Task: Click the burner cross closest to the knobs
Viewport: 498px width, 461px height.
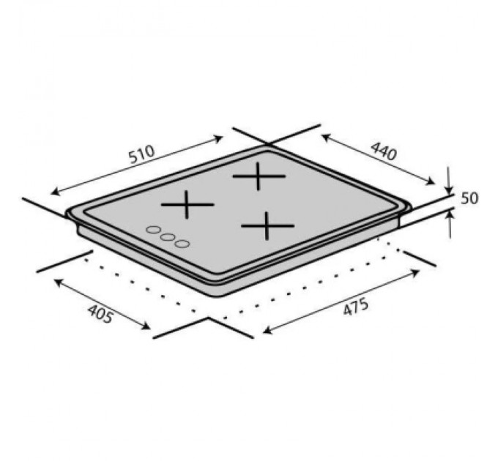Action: coord(187,204)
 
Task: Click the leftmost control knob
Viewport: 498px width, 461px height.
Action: coord(153,230)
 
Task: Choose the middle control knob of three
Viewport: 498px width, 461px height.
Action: coord(168,237)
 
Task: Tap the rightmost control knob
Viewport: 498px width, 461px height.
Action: coord(182,243)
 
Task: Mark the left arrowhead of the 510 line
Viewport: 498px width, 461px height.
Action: coord(53,193)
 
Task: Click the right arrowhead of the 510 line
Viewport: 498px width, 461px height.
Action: coord(221,136)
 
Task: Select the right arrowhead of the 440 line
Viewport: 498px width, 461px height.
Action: coord(432,184)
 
